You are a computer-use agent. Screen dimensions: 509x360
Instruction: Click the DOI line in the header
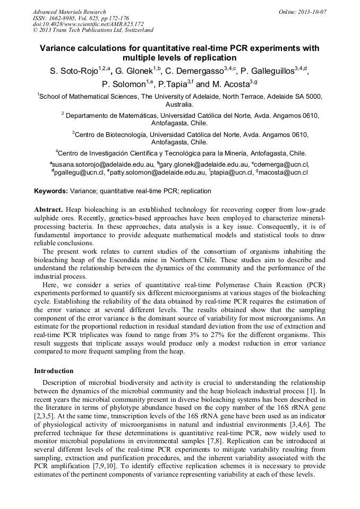[x=88, y=24]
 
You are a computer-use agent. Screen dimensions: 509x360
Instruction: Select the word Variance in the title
[x=62, y=48]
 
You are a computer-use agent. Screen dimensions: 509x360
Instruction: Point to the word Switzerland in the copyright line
[x=136, y=30]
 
